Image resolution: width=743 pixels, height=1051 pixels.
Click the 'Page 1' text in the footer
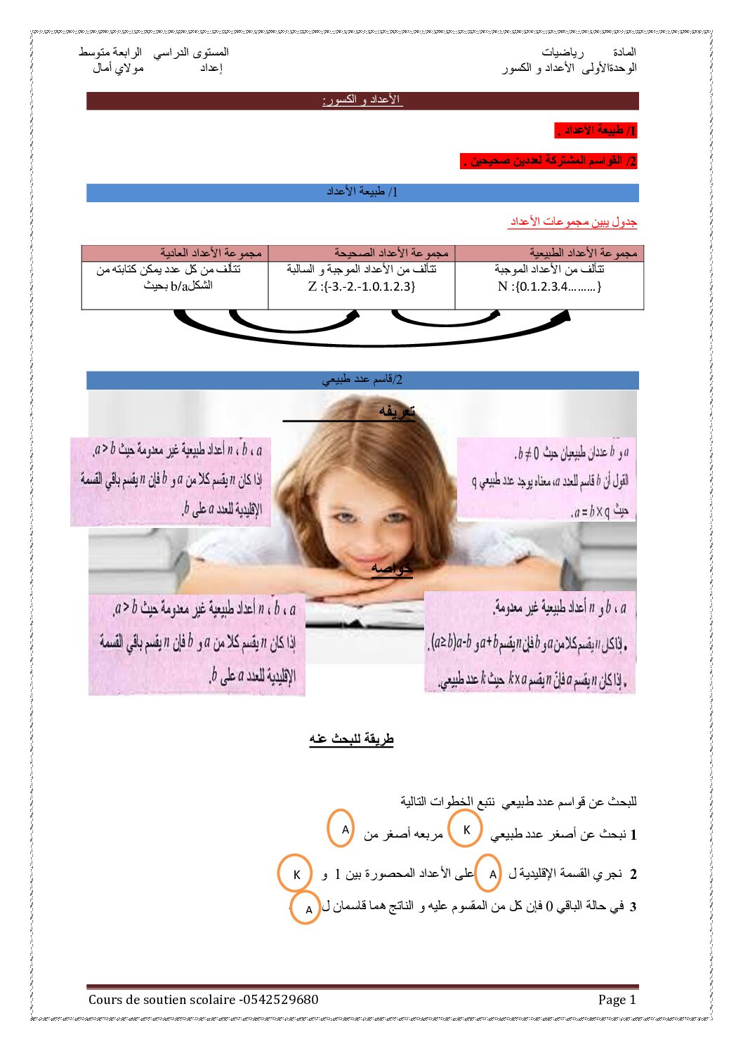point(617,1000)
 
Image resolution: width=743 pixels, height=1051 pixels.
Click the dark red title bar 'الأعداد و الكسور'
point(362,100)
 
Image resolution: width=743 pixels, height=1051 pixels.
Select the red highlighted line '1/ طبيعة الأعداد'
point(596,131)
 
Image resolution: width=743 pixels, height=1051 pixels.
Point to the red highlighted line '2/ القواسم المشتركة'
point(549,161)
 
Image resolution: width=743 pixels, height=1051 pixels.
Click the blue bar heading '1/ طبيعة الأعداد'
point(362,192)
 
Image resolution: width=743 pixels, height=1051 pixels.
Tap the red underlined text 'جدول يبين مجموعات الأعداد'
point(573,222)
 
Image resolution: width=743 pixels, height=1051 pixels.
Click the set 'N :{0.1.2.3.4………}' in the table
point(549,286)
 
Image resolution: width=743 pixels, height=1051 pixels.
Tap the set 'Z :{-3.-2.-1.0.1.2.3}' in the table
point(362,286)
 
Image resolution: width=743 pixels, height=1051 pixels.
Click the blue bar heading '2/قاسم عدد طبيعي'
point(362,380)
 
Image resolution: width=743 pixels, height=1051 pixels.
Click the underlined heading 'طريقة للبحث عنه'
point(351,739)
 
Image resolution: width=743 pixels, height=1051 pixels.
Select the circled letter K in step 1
point(466,829)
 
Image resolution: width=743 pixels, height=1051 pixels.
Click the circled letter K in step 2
point(296,875)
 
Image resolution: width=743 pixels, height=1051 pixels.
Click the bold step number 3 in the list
point(632,907)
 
